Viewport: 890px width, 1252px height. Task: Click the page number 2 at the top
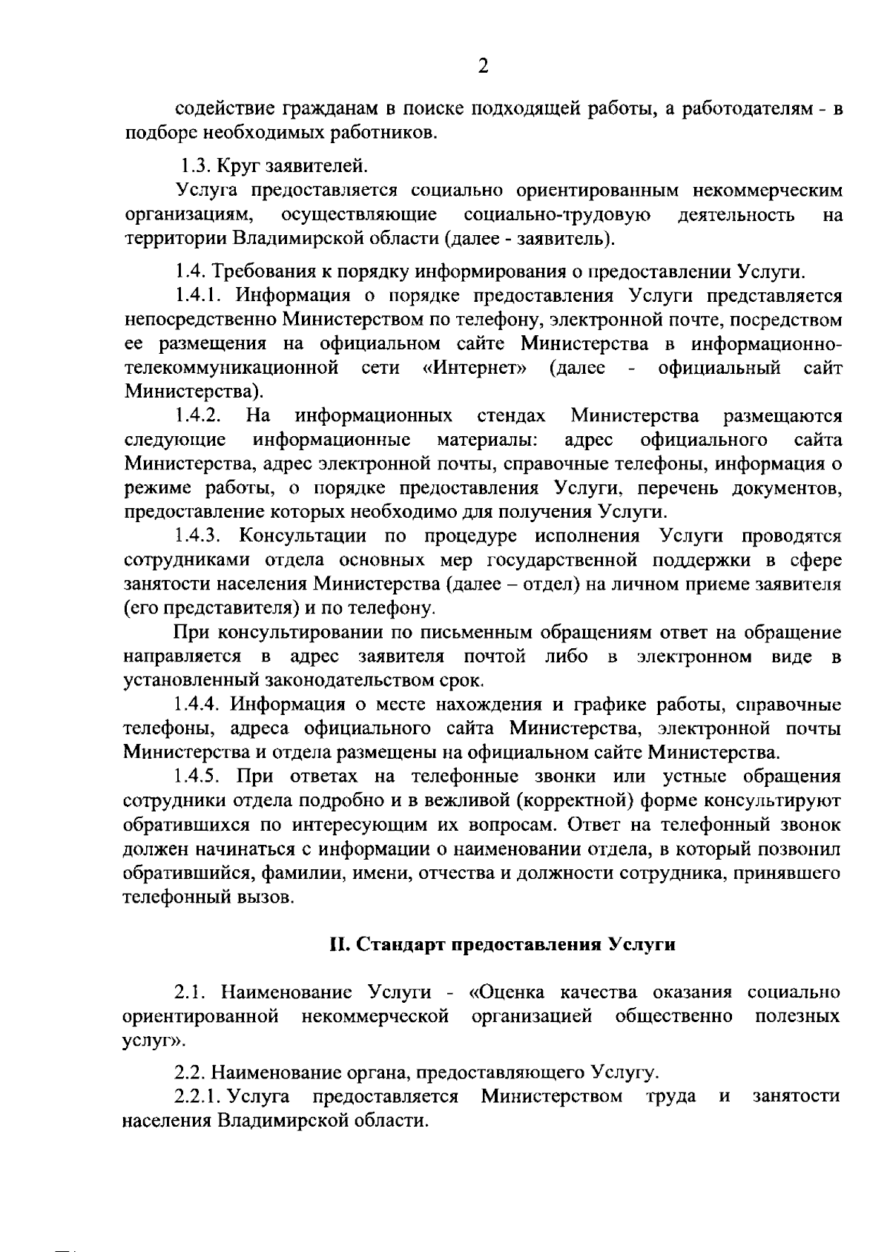click(483, 67)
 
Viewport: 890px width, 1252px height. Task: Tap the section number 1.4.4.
click(200, 705)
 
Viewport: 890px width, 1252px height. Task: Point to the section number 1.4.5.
click(200, 777)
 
